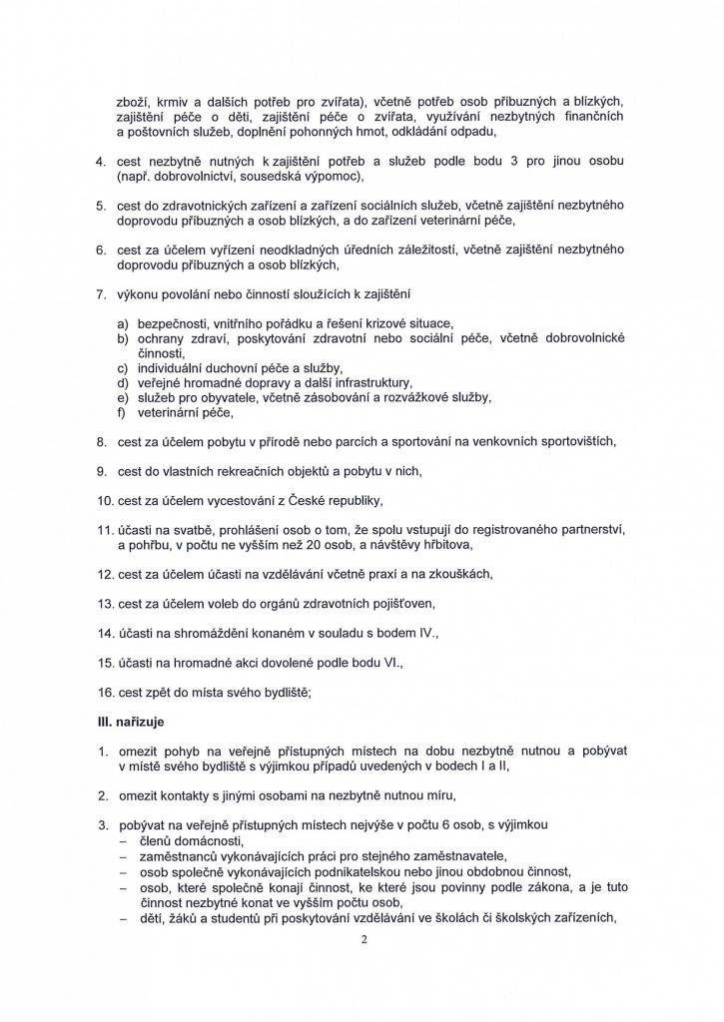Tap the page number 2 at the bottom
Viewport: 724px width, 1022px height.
pos(364,938)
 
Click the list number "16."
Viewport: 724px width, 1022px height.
pos(104,693)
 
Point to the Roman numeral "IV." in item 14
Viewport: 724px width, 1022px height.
pos(426,633)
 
